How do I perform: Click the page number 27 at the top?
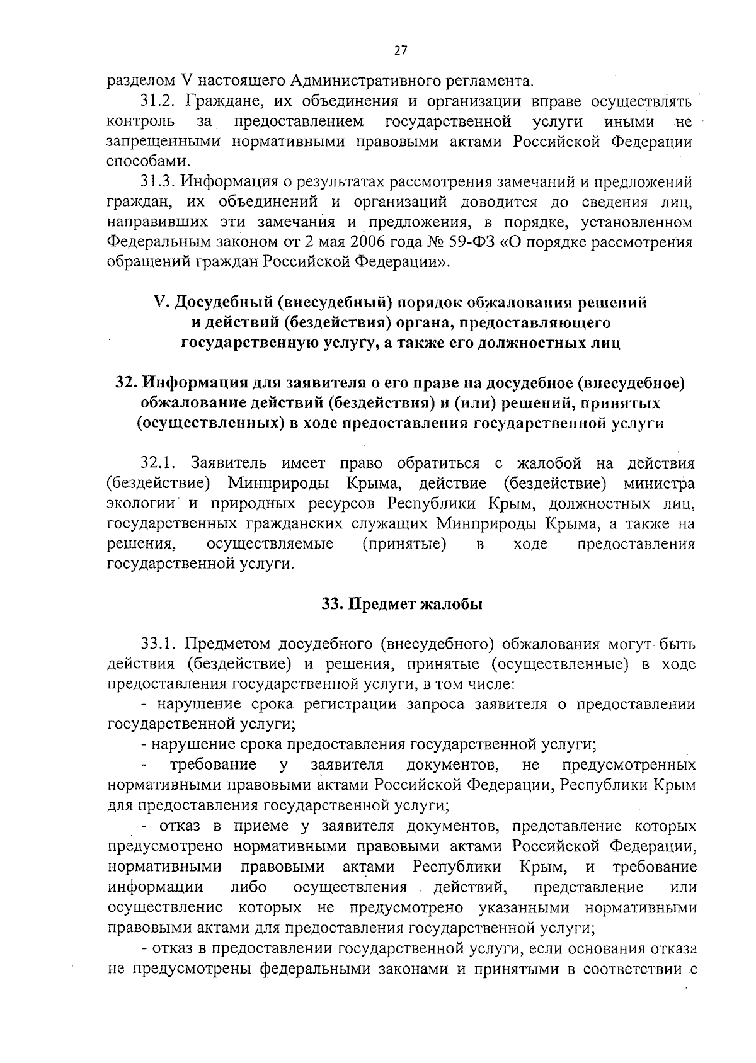coord(401,51)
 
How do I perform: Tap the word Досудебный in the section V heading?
coord(225,303)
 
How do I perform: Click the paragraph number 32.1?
coord(159,464)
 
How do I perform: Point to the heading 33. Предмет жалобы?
coord(402,605)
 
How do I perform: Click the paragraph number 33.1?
coord(159,645)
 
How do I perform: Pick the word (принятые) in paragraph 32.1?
coord(404,545)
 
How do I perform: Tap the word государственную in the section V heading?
coord(248,344)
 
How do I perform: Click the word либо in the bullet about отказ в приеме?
coord(249,888)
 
